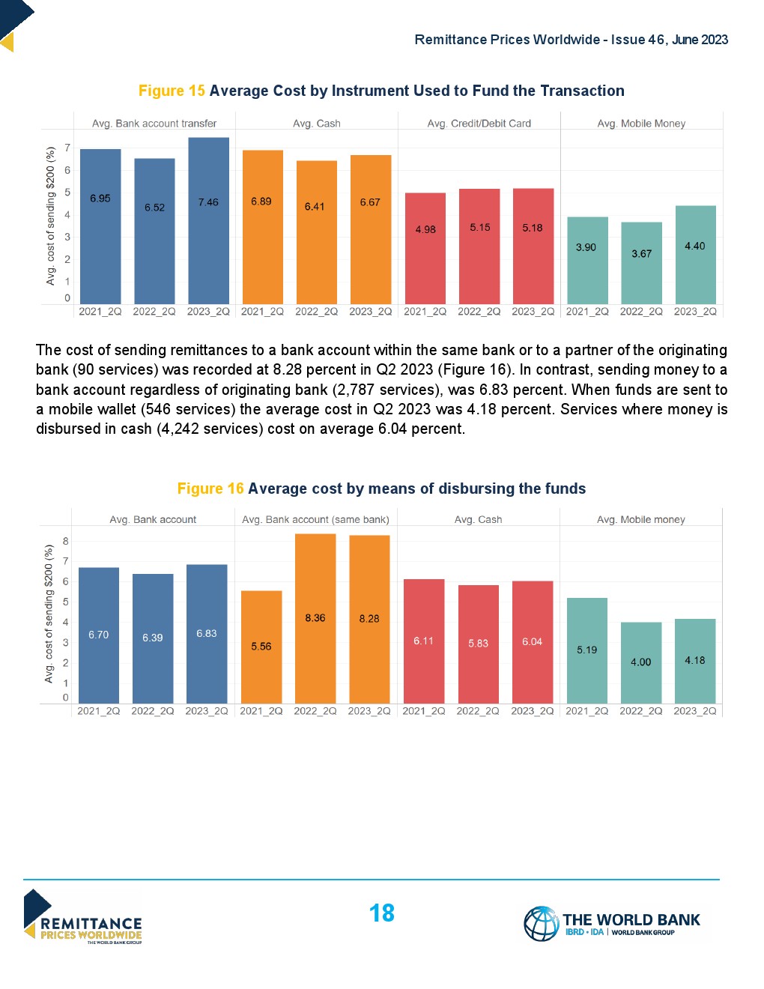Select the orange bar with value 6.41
[316, 232]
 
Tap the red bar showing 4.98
[425, 248]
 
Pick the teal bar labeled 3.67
[641, 263]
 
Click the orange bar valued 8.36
[315, 618]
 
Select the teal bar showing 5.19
[586, 650]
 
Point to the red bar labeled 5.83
[478, 644]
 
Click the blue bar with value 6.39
[153, 638]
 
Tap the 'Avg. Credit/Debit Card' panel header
[479, 124]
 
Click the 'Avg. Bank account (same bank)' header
[315, 519]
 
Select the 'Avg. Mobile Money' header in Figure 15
[641, 124]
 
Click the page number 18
[381, 913]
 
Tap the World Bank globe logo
[541, 923]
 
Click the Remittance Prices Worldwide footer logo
[82, 918]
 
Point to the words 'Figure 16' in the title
[210, 489]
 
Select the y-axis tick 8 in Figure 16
[66, 541]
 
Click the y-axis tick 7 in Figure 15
[67, 148]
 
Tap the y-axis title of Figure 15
[50, 216]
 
